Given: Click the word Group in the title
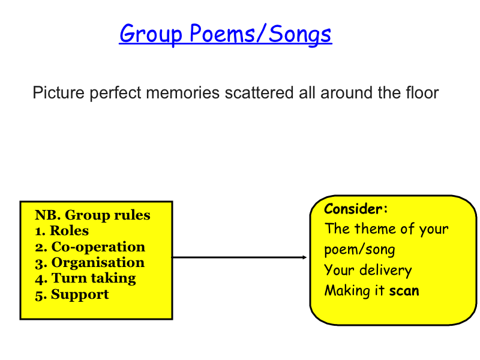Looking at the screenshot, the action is pyautogui.click(x=151, y=35).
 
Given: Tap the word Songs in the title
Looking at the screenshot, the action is pyautogui.click(x=300, y=35).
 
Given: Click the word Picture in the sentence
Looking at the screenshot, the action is pyautogui.click(x=58, y=92).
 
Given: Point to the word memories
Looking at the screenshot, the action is pyautogui.click(x=183, y=92).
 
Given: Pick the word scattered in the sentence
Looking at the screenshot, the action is pyautogui.click(x=259, y=92).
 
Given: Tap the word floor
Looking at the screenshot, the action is pyautogui.click(x=422, y=92).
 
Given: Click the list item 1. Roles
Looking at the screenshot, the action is pyautogui.click(x=62, y=230).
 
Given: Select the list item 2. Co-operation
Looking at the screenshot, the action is pyautogui.click(x=90, y=247).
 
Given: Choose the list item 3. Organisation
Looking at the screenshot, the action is pyautogui.click(x=89, y=263).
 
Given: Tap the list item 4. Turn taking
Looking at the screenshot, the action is pyautogui.click(x=85, y=278).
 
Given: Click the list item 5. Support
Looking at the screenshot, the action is pyautogui.click(x=72, y=295).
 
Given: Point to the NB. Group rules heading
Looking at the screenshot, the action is pyautogui.click(x=92, y=215).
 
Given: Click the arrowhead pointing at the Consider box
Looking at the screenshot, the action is pyautogui.click(x=304, y=257).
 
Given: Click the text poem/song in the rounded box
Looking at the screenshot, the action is pyautogui.click(x=359, y=250).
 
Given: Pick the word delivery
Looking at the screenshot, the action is pyautogui.click(x=386, y=271).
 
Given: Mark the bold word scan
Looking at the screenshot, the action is pyautogui.click(x=404, y=291).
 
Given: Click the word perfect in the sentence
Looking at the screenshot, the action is pyautogui.click(x=115, y=92).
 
